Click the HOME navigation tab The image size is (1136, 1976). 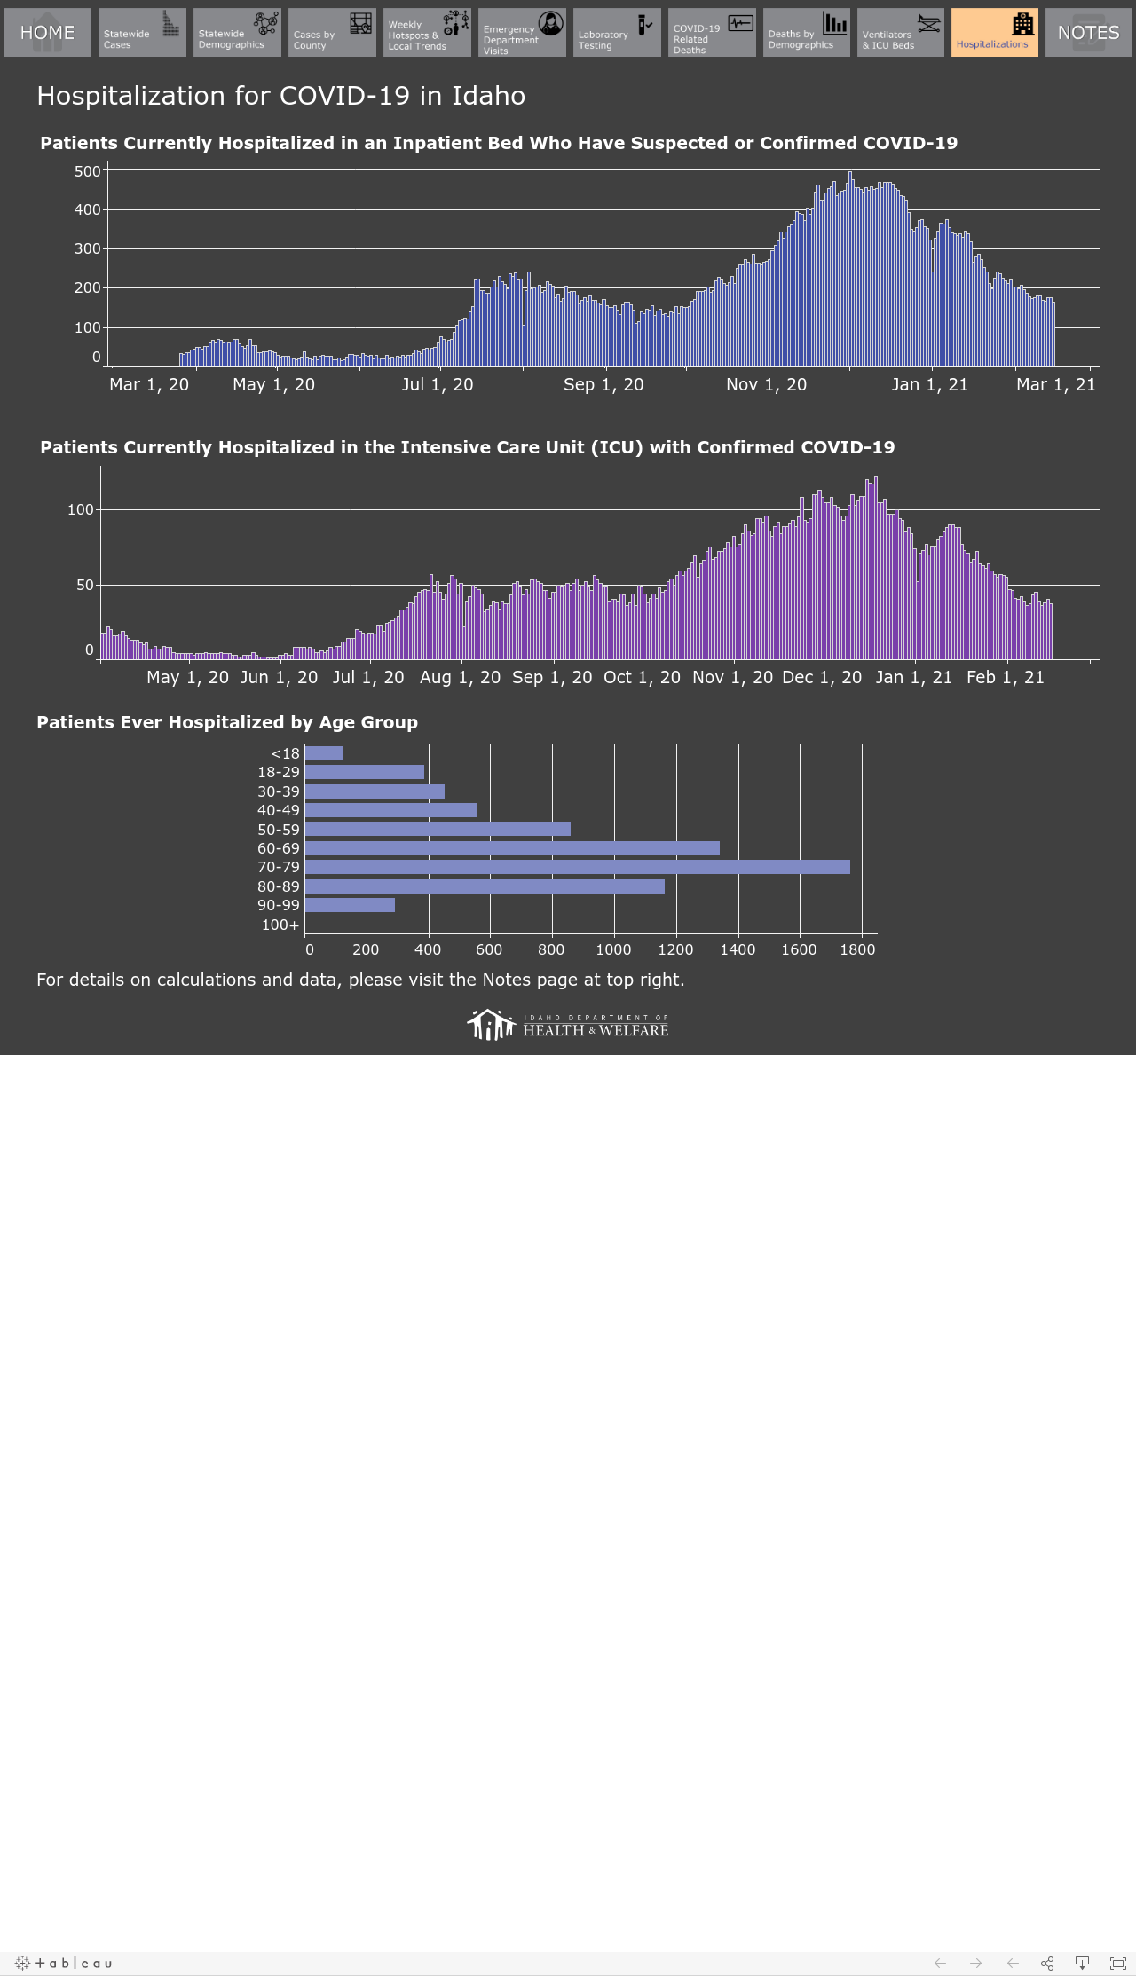click(x=47, y=33)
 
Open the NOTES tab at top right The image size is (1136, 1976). click(x=1088, y=33)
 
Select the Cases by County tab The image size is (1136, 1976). click(x=332, y=33)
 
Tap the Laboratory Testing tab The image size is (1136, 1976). click(x=617, y=33)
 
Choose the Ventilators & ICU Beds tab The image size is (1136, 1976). click(x=901, y=33)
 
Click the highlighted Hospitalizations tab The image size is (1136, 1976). click(x=995, y=33)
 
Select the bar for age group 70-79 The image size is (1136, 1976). click(x=577, y=867)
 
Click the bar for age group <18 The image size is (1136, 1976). click(x=324, y=753)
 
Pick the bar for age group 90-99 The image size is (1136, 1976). click(x=350, y=905)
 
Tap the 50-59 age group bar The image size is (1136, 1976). click(x=438, y=829)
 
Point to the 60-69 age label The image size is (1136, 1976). click(x=279, y=848)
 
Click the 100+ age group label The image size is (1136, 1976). click(x=280, y=925)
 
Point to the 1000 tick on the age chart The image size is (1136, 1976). click(x=613, y=949)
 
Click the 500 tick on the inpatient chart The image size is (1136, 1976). click(x=88, y=171)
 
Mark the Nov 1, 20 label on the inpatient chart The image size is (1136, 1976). click(x=767, y=384)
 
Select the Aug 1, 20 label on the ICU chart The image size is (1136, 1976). click(x=460, y=677)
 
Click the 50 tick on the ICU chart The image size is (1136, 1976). click(x=85, y=585)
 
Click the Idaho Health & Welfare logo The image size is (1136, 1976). click(x=568, y=1025)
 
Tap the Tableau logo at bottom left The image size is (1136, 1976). click(x=64, y=1963)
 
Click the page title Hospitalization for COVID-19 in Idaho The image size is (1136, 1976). click(x=281, y=96)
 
